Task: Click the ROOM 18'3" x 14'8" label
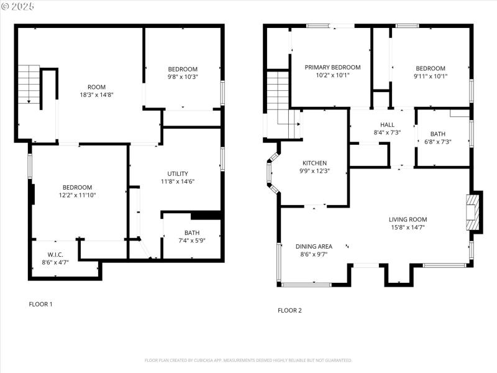pos(96,91)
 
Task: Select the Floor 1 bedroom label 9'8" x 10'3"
pos(183,73)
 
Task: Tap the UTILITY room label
pos(178,177)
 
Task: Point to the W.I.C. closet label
pos(56,258)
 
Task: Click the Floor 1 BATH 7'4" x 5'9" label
pos(192,236)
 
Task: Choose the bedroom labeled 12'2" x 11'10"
pos(77,191)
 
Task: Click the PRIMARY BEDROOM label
pos(332,71)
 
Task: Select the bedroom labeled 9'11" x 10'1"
pos(431,72)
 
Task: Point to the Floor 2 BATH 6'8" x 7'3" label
pos(438,137)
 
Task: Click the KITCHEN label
pos(314,167)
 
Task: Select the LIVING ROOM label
pos(408,223)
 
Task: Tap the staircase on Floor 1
pos(29,84)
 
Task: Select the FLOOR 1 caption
pos(41,304)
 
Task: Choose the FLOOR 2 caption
pos(290,310)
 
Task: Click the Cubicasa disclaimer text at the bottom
pos(248,360)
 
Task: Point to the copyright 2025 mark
pos(18,6)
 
